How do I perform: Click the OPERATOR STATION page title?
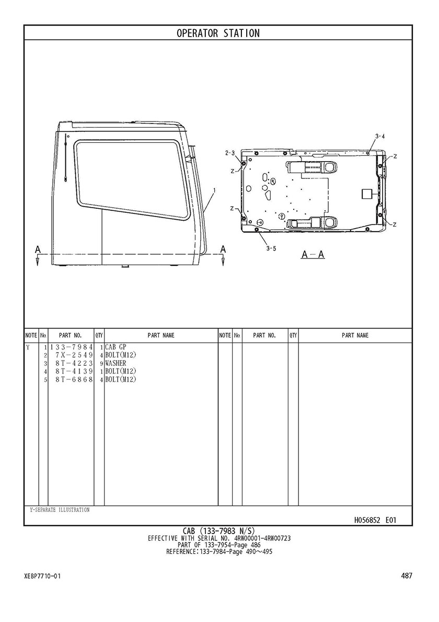(218, 33)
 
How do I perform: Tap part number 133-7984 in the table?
(71, 347)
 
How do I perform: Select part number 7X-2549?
(74, 355)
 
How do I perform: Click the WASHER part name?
(115, 364)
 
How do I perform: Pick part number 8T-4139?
(74, 371)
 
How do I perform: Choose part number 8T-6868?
(74, 380)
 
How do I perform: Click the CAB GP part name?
(115, 347)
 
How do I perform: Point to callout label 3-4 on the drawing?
(379, 137)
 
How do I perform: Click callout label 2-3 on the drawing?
(230, 153)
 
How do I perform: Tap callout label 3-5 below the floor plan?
(271, 248)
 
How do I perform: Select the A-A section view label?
(313, 254)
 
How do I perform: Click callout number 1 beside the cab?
(214, 190)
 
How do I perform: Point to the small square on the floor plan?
(367, 194)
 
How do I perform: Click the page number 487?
(407, 575)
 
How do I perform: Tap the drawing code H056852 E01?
(375, 520)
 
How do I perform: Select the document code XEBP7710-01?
(42, 576)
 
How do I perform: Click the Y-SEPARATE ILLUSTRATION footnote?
(60, 510)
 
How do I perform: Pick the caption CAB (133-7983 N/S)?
(218, 531)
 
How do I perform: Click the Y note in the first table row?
(28, 347)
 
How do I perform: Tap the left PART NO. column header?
(71, 335)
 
